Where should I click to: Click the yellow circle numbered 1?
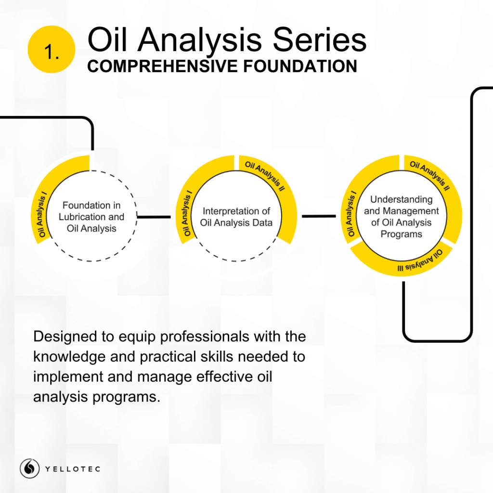click(x=52, y=50)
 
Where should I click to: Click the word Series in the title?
click(x=320, y=40)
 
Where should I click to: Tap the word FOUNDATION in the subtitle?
click(x=300, y=66)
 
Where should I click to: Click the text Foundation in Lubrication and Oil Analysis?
click(x=91, y=217)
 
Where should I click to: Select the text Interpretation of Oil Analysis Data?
click(x=236, y=217)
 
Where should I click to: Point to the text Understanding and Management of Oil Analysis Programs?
click(x=401, y=217)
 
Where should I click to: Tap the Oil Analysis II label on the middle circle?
click(x=265, y=175)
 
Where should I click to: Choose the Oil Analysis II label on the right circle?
click(x=430, y=175)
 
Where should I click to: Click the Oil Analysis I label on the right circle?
click(x=351, y=213)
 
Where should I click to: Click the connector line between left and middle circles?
click(x=154, y=217)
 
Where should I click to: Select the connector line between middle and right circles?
click(x=319, y=216)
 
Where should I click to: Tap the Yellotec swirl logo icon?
click(x=29, y=468)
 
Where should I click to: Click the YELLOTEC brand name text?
click(x=73, y=469)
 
